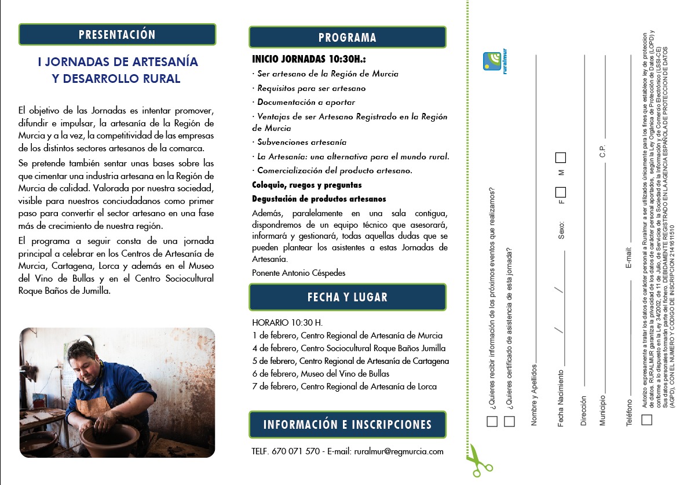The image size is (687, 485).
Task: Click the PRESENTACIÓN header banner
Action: [x=117, y=35]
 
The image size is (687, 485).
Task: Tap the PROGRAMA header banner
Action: [x=348, y=38]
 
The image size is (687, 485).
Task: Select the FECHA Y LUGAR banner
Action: [x=348, y=297]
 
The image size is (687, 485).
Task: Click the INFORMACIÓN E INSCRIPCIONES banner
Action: [x=348, y=425]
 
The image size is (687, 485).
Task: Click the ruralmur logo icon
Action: [x=493, y=61]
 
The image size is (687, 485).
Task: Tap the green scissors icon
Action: [x=478, y=461]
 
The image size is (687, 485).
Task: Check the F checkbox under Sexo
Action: [x=560, y=192]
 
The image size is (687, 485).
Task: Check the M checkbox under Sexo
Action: [x=560, y=158]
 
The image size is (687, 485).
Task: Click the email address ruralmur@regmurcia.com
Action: [x=399, y=451]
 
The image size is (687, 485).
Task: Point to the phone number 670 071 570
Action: [x=295, y=451]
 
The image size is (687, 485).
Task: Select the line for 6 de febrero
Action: [x=320, y=374]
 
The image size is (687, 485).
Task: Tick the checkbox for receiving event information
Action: [x=492, y=421]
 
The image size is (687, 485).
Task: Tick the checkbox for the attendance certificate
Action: [x=509, y=421]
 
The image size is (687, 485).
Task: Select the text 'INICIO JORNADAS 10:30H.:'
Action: [x=309, y=60]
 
